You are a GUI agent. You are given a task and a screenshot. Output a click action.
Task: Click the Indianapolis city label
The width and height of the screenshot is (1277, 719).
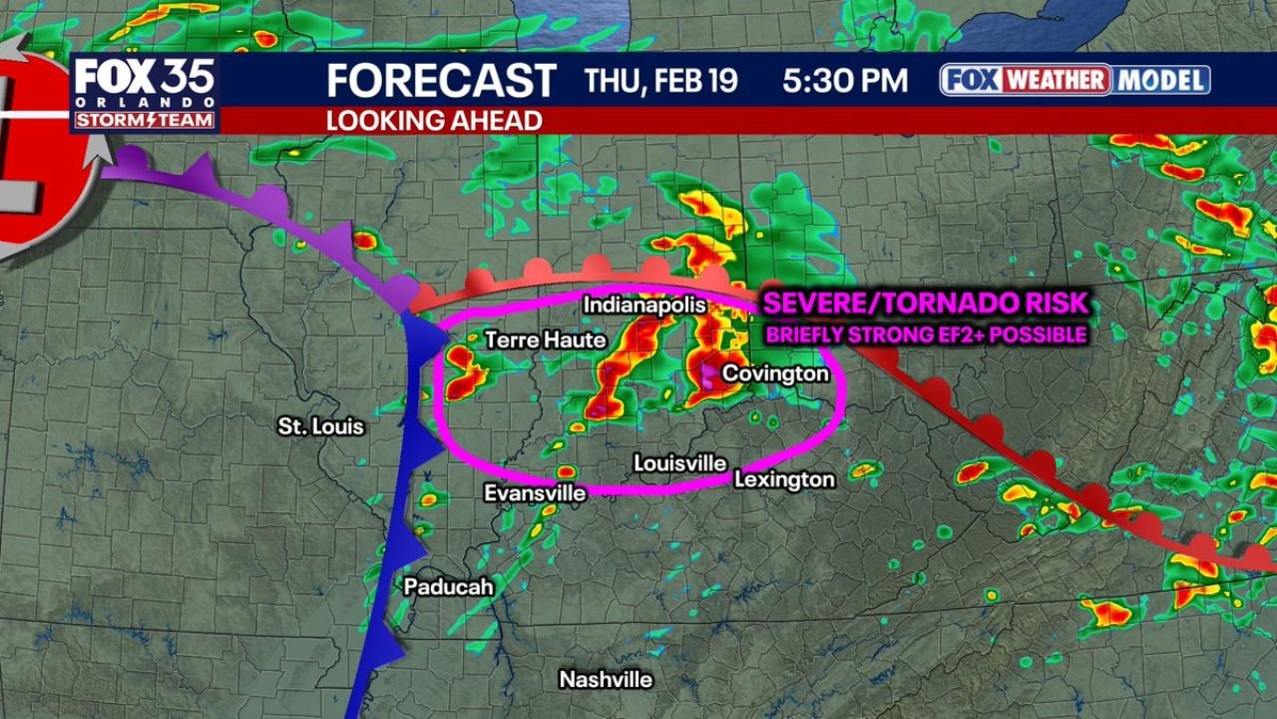tap(644, 305)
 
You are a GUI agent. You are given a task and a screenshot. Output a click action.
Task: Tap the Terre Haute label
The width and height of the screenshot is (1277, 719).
tap(546, 341)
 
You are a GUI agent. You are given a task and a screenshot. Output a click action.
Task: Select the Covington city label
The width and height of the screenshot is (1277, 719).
tap(775, 373)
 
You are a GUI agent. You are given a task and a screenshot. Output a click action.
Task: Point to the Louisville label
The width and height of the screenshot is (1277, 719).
tap(680, 463)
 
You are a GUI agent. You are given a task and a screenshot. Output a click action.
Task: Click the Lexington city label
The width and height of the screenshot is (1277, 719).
tap(784, 480)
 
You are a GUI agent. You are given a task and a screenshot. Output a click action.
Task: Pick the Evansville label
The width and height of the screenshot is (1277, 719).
tap(535, 493)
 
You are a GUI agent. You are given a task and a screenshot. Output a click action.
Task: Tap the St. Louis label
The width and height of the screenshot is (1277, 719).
tap(321, 427)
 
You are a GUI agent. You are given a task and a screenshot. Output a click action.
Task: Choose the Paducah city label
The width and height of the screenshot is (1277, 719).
tap(448, 587)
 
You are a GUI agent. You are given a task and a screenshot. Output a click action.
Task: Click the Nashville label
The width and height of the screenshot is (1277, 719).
tap(606, 680)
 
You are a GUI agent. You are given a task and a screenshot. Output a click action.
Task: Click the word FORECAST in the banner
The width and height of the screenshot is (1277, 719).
tap(441, 80)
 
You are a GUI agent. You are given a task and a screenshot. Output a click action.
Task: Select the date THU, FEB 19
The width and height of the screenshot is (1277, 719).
tap(660, 81)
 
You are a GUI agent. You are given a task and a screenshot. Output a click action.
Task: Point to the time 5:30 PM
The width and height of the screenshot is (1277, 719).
tap(845, 81)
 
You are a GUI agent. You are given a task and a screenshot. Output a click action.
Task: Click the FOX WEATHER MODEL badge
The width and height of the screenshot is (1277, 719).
tap(1074, 80)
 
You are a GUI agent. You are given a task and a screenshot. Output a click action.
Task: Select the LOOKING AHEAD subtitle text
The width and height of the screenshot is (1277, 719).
tap(434, 121)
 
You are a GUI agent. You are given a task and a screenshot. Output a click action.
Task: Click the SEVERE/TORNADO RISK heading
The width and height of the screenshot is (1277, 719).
tap(924, 305)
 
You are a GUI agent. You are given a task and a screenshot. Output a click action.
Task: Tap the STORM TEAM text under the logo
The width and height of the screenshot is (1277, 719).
tap(145, 121)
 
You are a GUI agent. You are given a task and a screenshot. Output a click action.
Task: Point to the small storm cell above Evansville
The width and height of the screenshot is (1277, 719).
tap(566, 470)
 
